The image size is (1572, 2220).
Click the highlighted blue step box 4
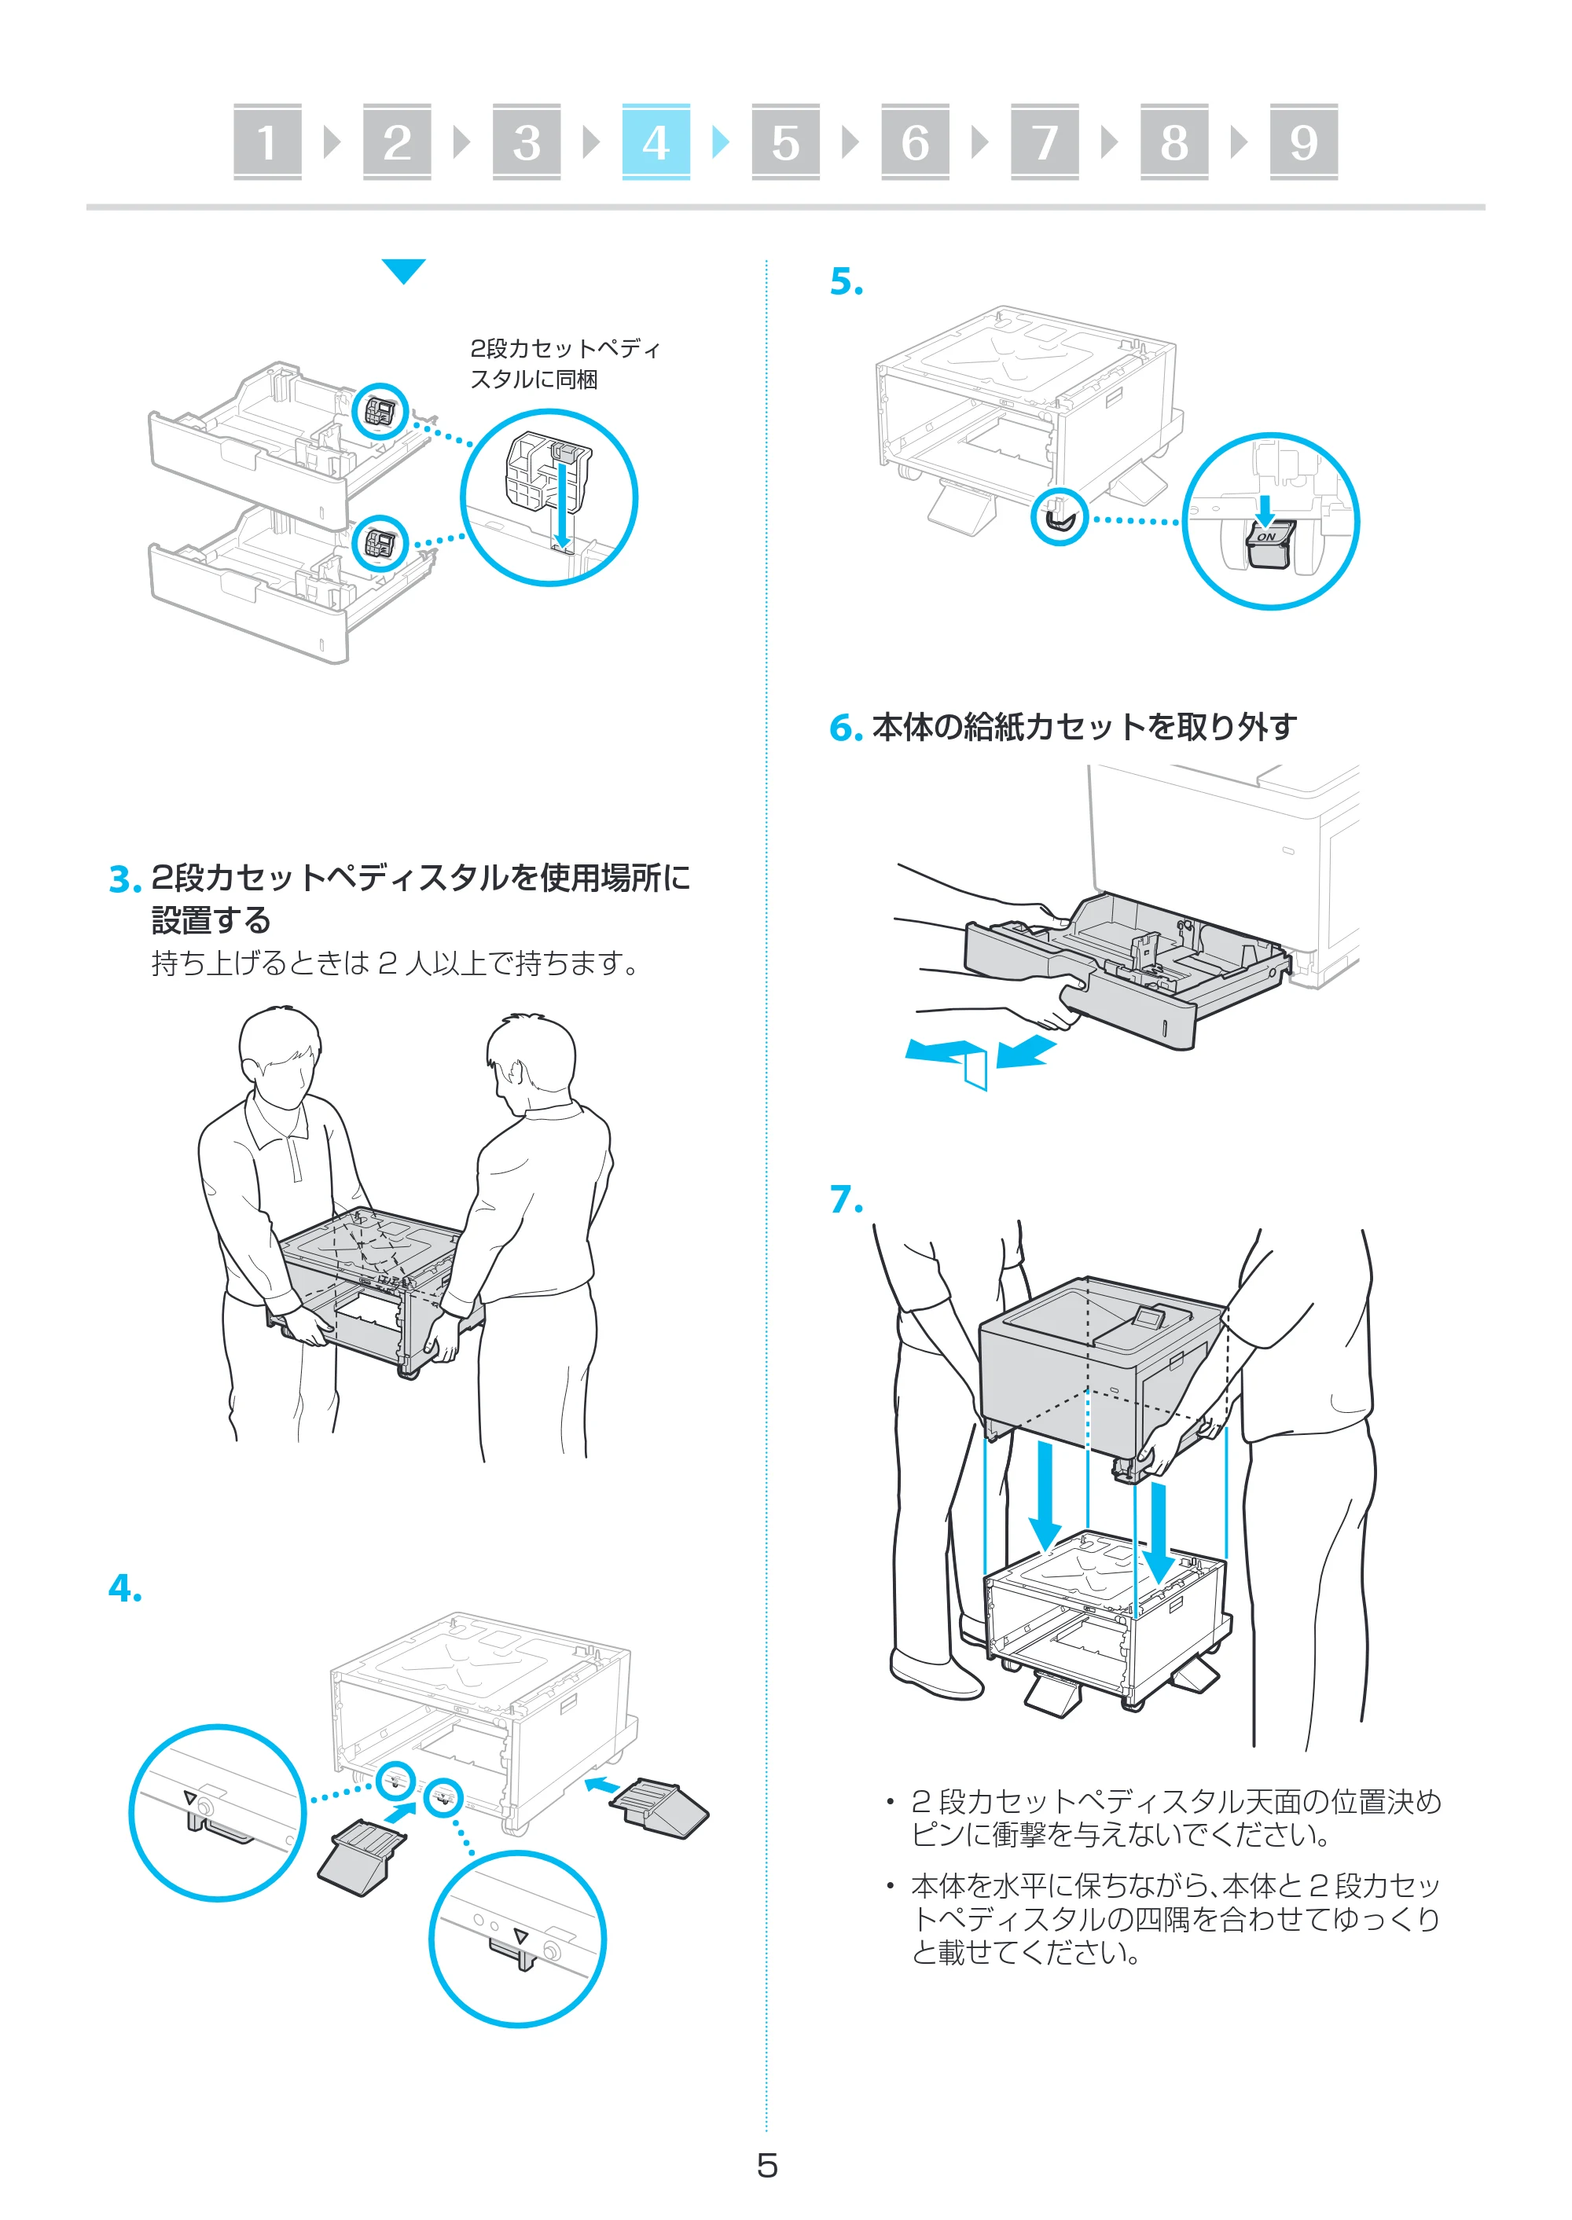[656, 142]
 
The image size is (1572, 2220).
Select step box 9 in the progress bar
[1303, 142]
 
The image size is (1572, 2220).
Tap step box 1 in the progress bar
[267, 142]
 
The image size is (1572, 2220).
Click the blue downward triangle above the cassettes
[404, 271]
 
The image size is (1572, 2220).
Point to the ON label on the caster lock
[1265, 536]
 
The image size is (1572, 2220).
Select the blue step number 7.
[846, 1199]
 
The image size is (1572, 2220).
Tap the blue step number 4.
[125, 1588]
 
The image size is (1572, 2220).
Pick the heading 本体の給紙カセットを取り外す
[1084, 727]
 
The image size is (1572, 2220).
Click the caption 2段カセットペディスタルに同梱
[564, 364]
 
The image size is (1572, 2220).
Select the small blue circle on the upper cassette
[380, 413]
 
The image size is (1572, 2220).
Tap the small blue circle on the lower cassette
[380, 544]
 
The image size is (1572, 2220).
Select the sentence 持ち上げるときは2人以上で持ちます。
[395, 964]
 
